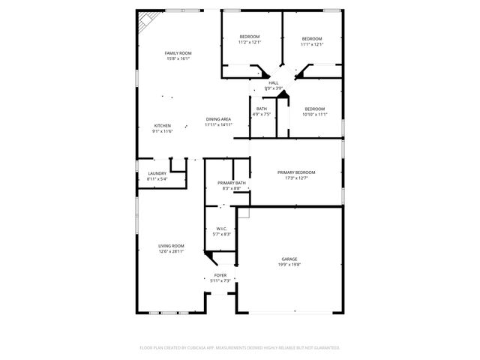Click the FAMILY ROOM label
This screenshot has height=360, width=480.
(x=178, y=53)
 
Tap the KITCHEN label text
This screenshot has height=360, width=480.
(x=163, y=125)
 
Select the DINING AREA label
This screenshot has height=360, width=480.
(x=218, y=119)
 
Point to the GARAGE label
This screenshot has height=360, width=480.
(x=289, y=259)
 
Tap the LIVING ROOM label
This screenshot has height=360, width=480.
(x=171, y=245)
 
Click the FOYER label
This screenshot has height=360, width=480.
(x=220, y=275)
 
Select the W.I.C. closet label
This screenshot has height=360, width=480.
(x=221, y=229)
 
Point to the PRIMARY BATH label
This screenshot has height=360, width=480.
(x=231, y=183)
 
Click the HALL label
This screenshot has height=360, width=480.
(x=274, y=83)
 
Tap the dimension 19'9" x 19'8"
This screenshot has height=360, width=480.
(x=289, y=264)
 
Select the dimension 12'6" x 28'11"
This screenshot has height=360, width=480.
(x=171, y=251)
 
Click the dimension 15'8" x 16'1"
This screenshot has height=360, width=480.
(x=178, y=58)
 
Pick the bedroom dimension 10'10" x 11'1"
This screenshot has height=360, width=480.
(x=314, y=114)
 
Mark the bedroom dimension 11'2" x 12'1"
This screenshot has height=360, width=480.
(x=250, y=43)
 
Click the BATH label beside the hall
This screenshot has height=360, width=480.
(x=261, y=109)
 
